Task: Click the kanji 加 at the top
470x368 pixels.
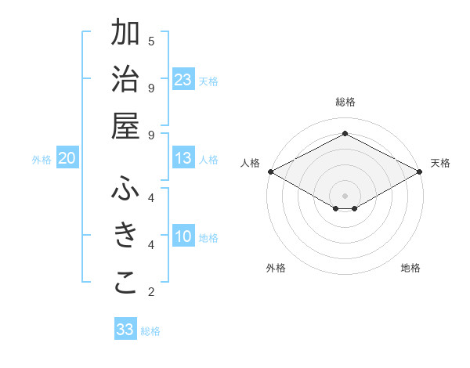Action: point(125,34)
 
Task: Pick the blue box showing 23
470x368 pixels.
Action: point(183,80)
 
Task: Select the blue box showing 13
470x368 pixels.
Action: point(183,159)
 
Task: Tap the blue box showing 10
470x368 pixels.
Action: point(183,237)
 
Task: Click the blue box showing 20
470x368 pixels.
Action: point(67,159)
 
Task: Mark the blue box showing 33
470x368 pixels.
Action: point(125,330)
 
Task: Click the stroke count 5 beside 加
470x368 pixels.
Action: point(151,41)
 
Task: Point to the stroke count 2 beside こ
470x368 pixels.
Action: point(151,292)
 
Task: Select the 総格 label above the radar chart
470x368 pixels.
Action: point(345,102)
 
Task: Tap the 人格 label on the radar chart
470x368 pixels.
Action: point(251,163)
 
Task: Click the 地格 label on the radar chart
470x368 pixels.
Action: point(410,268)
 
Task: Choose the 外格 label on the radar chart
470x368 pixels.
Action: point(276,268)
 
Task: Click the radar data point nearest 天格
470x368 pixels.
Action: point(420,171)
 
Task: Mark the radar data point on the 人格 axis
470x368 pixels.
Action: point(270,171)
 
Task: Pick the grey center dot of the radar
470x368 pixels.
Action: point(345,194)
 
